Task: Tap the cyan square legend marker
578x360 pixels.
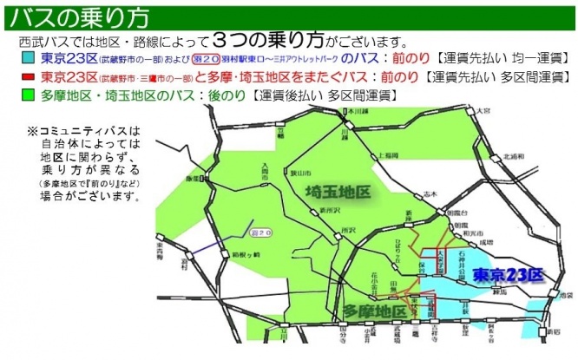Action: coord(27,58)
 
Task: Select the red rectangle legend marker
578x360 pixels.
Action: coord(27,76)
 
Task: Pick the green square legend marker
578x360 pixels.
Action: coord(27,93)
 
